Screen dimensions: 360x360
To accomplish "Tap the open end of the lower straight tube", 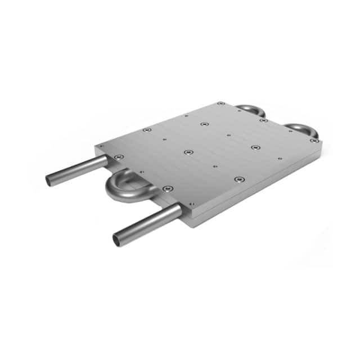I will [118, 240].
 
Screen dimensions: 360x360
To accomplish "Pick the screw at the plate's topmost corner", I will [221, 103].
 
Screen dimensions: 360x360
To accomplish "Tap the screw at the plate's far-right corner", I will [313, 141].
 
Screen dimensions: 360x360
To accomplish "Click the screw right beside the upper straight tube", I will [118, 157].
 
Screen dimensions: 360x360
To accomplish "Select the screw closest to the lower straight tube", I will [166, 189].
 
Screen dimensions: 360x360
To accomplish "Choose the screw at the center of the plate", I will [189, 152].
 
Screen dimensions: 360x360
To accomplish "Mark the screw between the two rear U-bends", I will [263, 120].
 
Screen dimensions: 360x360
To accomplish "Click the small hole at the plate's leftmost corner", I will [102, 146].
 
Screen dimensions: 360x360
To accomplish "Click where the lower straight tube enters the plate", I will [179, 210].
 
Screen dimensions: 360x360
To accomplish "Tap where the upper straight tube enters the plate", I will [106, 161].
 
